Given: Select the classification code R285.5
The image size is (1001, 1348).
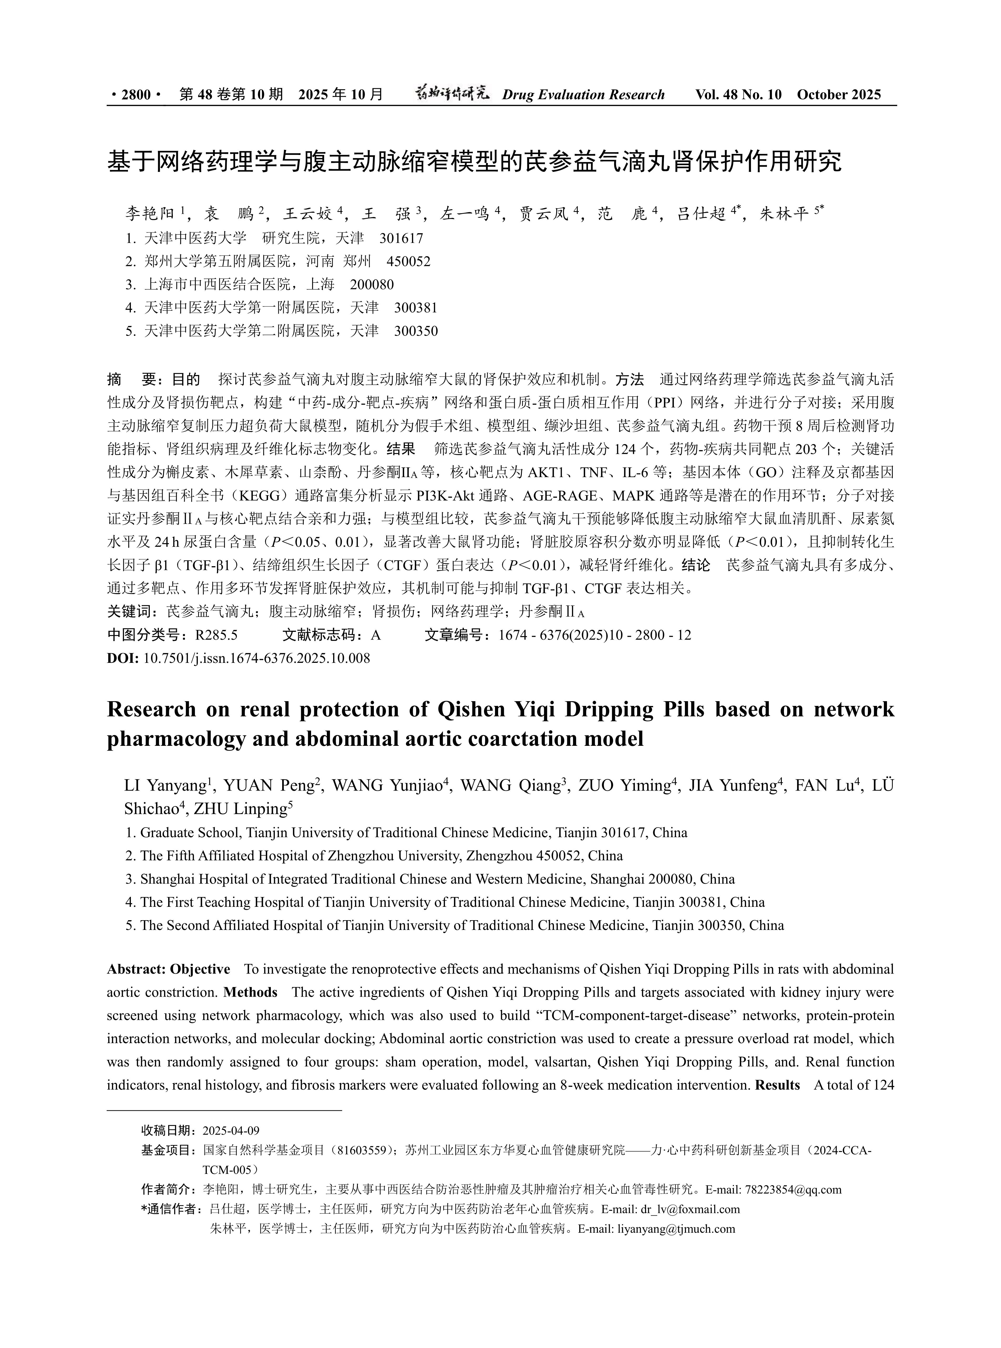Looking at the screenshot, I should click(x=216, y=635).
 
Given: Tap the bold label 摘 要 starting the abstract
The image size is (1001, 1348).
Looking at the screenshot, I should click(x=132, y=380).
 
